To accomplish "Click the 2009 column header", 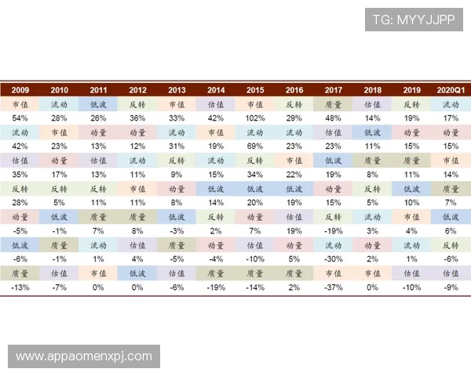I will (x=20, y=90).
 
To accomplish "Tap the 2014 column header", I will (x=216, y=90).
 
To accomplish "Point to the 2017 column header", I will (x=333, y=90).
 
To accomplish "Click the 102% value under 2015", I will (x=255, y=118).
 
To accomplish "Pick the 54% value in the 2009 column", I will (x=20, y=118).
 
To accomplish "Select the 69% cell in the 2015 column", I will (x=255, y=146).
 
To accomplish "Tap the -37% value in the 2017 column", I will (x=333, y=287).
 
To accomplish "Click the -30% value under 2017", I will (x=333, y=259).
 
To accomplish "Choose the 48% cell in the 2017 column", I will (x=333, y=118).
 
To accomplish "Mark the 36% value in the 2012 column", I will (x=137, y=118).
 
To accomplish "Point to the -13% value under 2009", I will (x=20, y=287).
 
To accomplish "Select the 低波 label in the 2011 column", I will (x=98, y=104).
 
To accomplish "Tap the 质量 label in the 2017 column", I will (x=333, y=104).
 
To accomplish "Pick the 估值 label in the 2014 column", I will (x=216, y=104).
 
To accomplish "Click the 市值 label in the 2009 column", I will (x=20, y=104).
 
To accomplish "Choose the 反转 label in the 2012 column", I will (x=137, y=104).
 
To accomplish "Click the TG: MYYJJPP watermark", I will (x=414, y=20).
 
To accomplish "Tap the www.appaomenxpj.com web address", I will (x=84, y=356).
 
